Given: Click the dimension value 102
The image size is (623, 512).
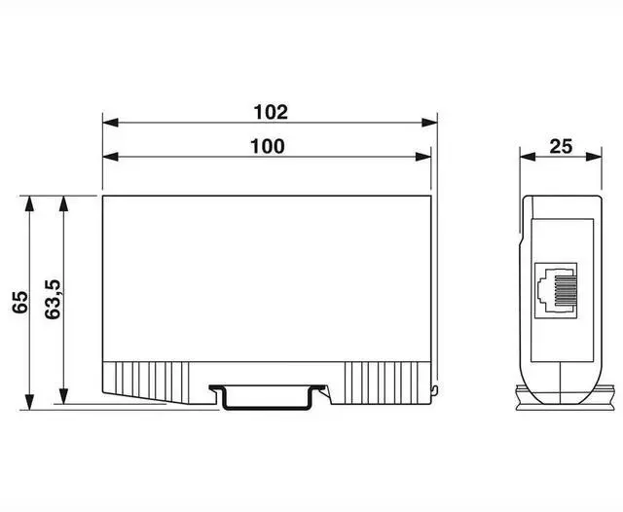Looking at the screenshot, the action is [271, 112].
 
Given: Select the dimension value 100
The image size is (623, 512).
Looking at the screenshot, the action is [268, 147].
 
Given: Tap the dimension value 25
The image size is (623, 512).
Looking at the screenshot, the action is [561, 147].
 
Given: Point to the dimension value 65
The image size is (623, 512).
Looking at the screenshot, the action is [19, 302].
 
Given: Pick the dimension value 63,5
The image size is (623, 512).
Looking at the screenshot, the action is [53, 300].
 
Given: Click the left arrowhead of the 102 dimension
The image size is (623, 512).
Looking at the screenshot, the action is [110, 123].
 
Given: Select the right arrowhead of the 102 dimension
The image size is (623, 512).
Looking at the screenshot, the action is [429, 123].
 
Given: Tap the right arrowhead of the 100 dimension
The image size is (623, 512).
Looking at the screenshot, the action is [423, 157].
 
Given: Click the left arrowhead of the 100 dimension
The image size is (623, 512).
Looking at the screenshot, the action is [110, 157].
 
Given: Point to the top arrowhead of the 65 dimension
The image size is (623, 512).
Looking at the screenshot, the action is [29, 203].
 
